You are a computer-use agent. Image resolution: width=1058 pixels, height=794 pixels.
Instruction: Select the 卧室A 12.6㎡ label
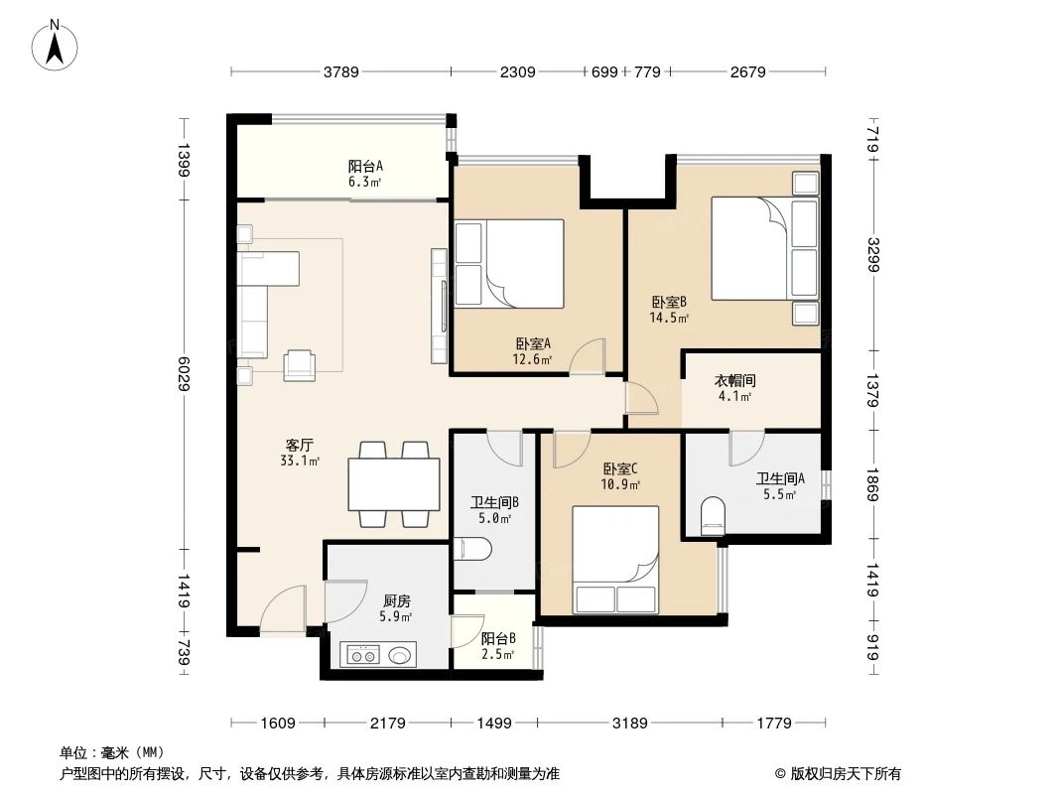click(x=533, y=350)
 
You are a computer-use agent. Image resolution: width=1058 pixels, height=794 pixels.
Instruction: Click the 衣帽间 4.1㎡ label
click(x=734, y=388)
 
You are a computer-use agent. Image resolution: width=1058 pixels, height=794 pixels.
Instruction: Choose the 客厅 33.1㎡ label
click(x=301, y=453)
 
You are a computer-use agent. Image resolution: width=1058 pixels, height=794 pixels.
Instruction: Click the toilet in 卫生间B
click(x=475, y=550)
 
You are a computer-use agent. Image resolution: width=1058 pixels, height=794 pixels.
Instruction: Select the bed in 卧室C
click(x=615, y=560)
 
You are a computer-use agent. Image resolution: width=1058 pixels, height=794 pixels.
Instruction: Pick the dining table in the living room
click(x=394, y=484)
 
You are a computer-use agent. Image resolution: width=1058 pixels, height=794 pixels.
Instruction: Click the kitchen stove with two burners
click(x=362, y=655)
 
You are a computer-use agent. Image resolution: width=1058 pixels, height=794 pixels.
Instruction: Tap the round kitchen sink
click(x=401, y=655)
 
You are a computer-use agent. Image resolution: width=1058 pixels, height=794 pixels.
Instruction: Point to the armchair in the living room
click(x=300, y=365)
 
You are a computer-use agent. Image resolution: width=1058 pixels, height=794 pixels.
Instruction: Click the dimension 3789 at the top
click(x=340, y=71)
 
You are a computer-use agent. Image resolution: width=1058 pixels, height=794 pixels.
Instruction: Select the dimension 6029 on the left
click(x=185, y=372)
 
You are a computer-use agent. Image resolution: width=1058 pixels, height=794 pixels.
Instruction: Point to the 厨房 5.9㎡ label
click(x=397, y=608)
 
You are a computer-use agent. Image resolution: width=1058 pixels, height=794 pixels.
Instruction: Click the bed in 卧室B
click(x=765, y=248)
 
